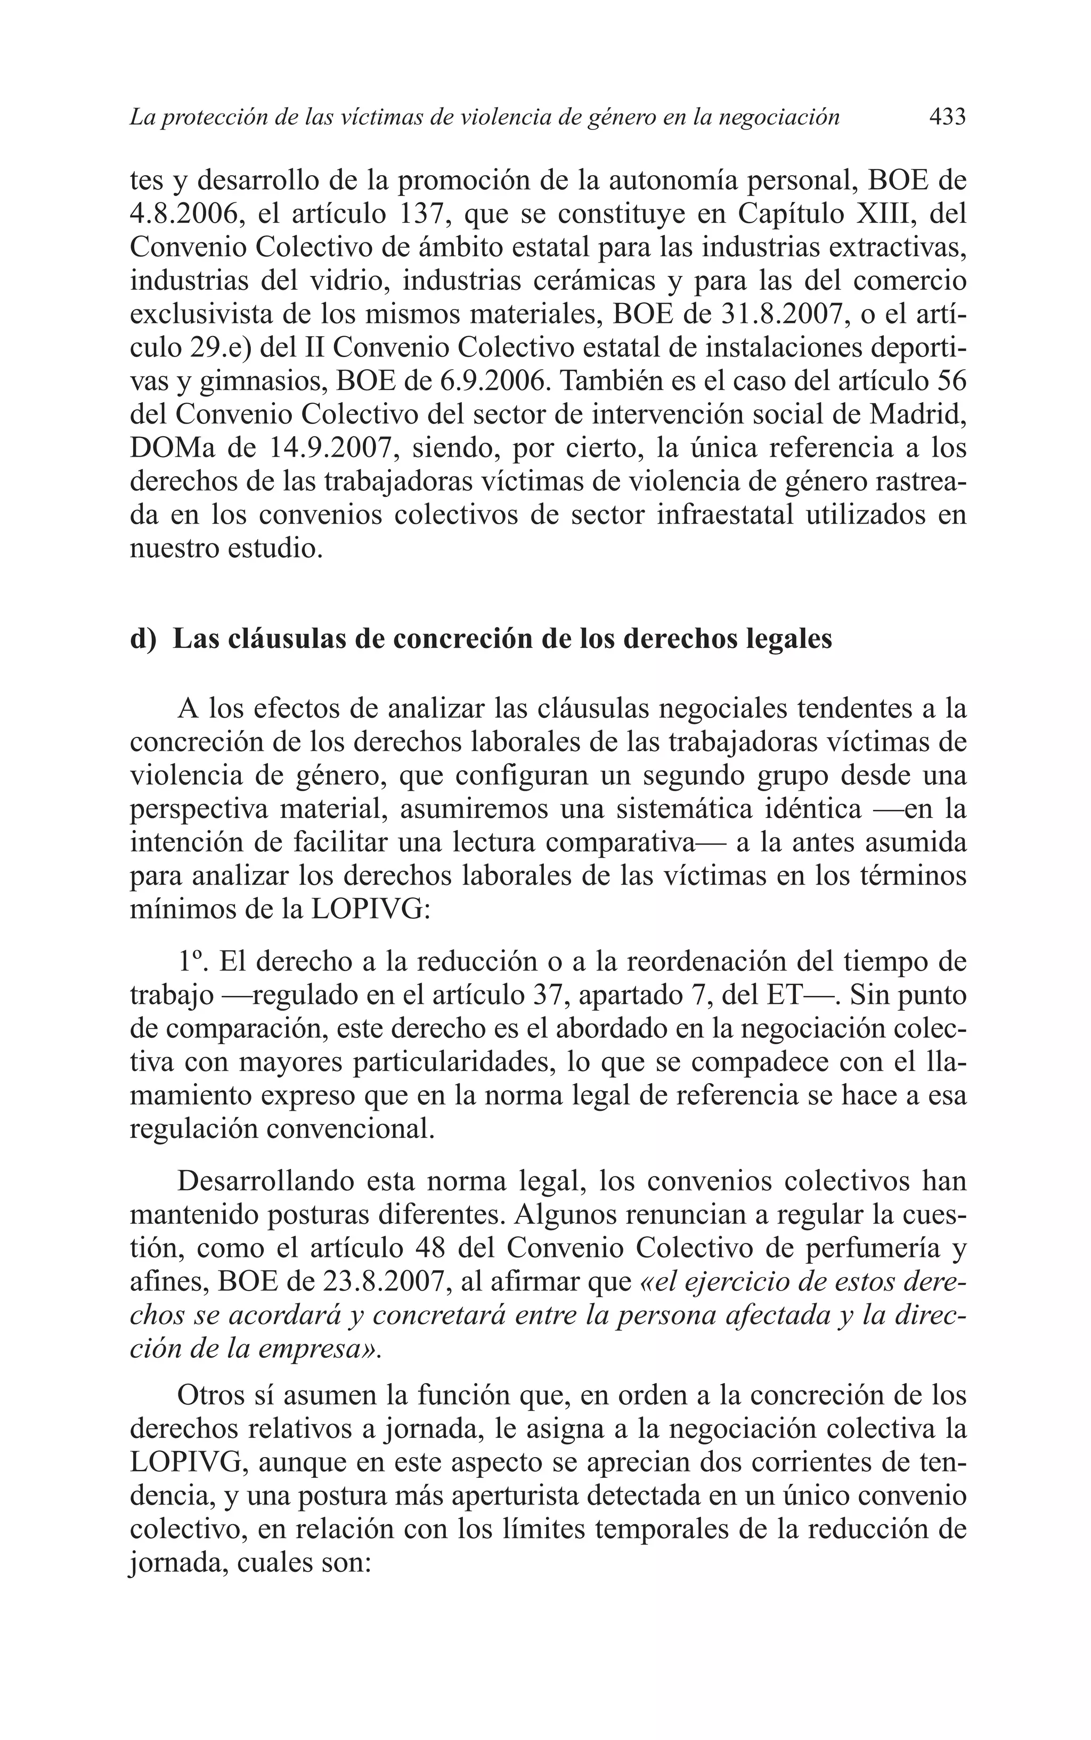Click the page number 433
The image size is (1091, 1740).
947,117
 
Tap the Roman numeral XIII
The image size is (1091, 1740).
883,214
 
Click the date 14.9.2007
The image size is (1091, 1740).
334,448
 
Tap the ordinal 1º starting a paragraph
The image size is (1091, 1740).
191,962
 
